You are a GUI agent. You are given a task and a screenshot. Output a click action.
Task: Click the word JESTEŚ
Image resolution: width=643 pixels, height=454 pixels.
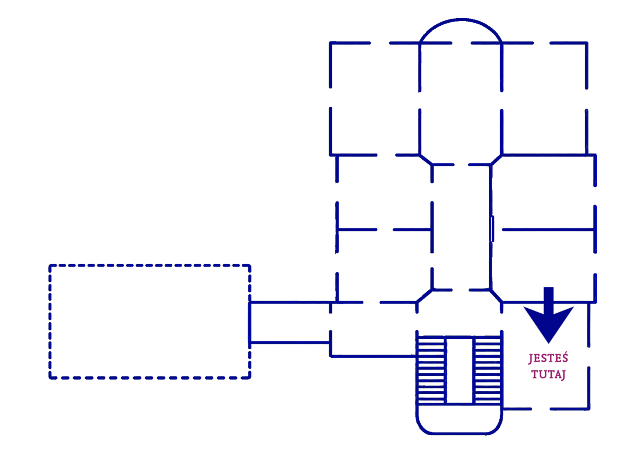(548, 358)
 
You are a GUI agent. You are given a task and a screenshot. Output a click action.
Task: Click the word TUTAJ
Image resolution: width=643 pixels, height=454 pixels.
(548, 374)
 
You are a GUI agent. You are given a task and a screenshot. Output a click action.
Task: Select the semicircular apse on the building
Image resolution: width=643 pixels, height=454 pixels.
(461, 20)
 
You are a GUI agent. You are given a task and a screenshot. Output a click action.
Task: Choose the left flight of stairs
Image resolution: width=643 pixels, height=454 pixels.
(431, 369)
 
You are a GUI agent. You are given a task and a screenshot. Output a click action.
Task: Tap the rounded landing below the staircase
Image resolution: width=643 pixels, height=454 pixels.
(459, 433)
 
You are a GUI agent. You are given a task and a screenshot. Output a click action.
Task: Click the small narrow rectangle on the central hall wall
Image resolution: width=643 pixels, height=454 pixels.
(491, 229)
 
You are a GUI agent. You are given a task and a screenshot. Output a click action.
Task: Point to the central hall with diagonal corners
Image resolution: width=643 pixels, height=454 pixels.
(461, 227)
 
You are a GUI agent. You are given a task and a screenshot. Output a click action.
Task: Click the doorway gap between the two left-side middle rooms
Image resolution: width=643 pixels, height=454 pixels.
(385, 230)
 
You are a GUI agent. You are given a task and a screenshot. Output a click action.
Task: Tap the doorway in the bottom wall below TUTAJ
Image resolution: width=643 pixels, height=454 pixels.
(541, 409)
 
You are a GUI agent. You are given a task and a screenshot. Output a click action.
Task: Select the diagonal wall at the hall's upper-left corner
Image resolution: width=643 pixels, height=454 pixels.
(426, 160)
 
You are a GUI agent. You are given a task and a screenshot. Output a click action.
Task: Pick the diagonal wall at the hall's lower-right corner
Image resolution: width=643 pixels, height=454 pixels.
(496, 296)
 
